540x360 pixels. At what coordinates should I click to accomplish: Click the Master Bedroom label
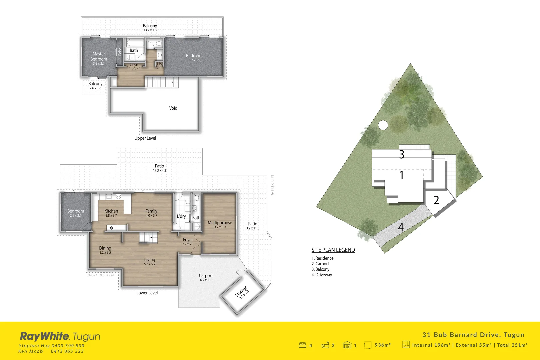[x=99, y=57]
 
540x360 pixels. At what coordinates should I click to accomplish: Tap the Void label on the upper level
[x=173, y=108]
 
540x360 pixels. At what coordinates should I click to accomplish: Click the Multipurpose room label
[x=220, y=223]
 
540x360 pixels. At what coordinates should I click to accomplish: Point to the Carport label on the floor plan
[x=206, y=276]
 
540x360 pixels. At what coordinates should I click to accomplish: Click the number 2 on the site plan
[x=436, y=200]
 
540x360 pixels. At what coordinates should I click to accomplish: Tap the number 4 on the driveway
[x=401, y=227]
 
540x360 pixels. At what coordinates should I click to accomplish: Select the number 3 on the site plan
[x=402, y=154]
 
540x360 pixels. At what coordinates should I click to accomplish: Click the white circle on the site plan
[x=383, y=125]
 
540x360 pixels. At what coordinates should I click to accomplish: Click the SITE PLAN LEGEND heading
[x=333, y=250]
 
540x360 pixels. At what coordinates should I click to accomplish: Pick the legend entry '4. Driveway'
[x=322, y=275]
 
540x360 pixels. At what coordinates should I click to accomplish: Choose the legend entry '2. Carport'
[x=320, y=264]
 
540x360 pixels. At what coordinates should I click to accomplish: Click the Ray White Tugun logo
[x=60, y=336]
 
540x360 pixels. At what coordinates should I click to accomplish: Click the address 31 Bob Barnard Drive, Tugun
[x=473, y=335]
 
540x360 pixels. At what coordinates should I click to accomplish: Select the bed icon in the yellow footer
[x=302, y=345]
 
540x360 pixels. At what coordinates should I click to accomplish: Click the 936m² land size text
[x=383, y=345]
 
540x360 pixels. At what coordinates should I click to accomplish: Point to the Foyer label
[x=188, y=240]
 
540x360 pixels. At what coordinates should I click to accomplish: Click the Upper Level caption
[x=145, y=138]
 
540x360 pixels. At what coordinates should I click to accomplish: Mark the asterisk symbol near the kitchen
[x=111, y=228]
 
